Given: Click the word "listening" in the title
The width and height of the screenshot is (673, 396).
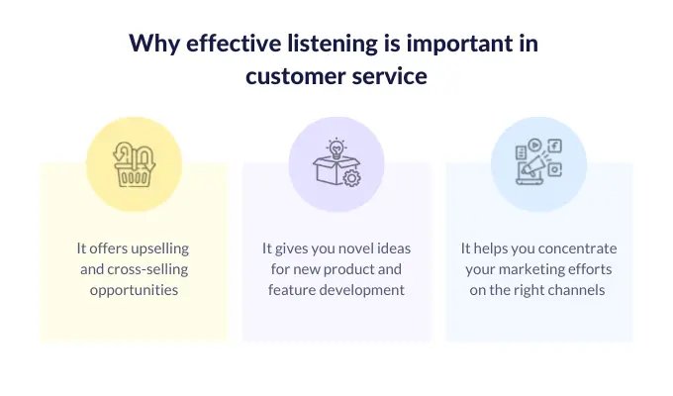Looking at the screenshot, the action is click(x=333, y=45).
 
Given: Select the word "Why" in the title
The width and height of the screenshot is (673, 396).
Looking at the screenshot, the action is click(x=154, y=45).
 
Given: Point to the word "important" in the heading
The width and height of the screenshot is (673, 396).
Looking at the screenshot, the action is click(x=459, y=45).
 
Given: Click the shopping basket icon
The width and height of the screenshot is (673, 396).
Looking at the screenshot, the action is click(x=134, y=164).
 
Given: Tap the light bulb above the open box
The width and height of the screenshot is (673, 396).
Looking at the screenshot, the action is click(x=336, y=148).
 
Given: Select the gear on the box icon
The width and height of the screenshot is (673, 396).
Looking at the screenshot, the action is click(x=352, y=178).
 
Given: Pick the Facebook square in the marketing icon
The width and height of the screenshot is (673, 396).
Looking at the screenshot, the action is click(x=555, y=147).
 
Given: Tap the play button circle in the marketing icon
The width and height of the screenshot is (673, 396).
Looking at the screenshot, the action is click(x=534, y=145).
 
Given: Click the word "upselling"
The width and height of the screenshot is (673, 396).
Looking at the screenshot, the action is click(x=160, y=248).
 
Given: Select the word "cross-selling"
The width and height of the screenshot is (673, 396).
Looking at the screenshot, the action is click(x=147, y=269).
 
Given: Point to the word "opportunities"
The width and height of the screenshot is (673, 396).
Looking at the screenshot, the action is click(x=134, y=290).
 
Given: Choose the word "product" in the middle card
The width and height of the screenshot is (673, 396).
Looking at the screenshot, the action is click(x=343, y=269).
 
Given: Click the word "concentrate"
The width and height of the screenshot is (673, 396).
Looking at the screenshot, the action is click(x=577, y=248).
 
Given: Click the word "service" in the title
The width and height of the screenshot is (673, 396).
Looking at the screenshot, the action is click(x=390, y=76).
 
